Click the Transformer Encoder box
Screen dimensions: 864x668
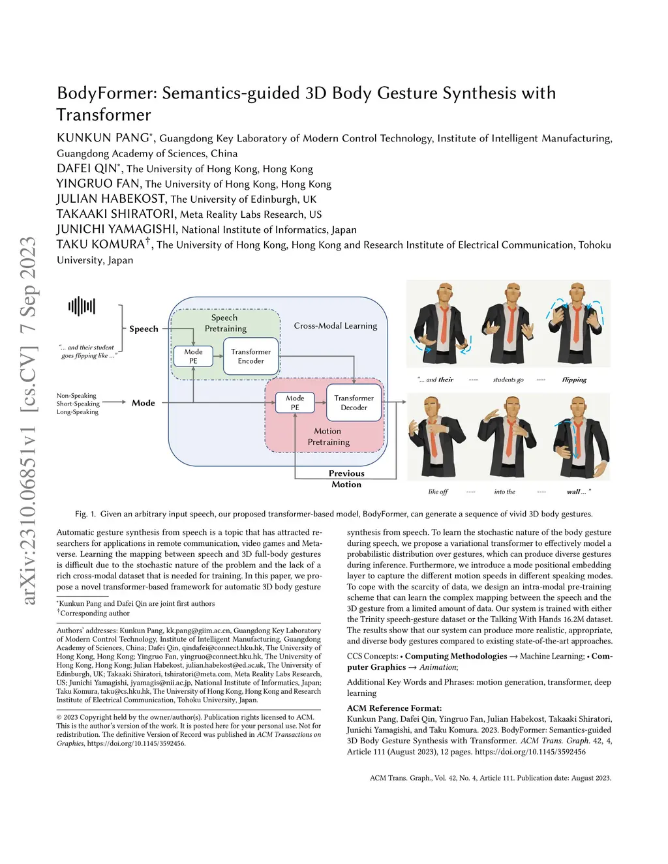coord(250,356)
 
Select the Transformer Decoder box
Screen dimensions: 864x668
coord(354,402)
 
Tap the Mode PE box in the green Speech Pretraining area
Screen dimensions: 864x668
coord(193,356)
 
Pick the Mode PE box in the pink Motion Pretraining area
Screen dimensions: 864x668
coord(295,402)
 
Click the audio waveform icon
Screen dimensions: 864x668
coord(82,306)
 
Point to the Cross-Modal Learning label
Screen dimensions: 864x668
coord(335,325)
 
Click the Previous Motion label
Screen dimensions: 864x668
coord(346,479)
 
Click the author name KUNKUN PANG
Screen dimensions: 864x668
coord(103,138)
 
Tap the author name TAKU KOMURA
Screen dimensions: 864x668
coord(100,245)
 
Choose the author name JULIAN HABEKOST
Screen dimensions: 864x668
coord(112,199)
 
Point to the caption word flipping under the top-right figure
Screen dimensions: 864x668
coord(574,380)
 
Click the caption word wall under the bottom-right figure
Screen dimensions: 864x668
coord(573,492)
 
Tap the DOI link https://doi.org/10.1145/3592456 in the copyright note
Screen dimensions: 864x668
coord(136,743)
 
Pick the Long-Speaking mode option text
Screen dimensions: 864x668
coord(77,412)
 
